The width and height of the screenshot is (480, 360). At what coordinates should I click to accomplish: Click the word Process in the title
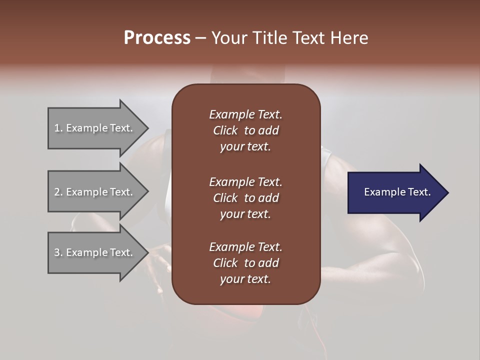[157, 38]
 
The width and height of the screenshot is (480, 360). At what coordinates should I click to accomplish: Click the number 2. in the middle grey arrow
[58, 192]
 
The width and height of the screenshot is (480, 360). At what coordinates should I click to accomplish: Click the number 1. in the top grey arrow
[58, 128]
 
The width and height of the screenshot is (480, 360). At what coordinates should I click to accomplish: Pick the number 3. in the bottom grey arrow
[58, 252]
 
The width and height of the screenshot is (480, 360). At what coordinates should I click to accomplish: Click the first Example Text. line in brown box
[245, 114]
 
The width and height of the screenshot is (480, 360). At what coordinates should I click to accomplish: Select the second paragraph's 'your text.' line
[245, 214]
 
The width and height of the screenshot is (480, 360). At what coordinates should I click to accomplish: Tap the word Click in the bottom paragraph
[225, 263]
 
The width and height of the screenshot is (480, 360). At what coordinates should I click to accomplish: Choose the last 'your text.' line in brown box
[245, 279]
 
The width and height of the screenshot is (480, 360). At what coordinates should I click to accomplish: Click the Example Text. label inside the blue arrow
[397, 192]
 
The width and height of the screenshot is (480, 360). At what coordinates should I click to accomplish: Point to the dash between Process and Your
[200, 38]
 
